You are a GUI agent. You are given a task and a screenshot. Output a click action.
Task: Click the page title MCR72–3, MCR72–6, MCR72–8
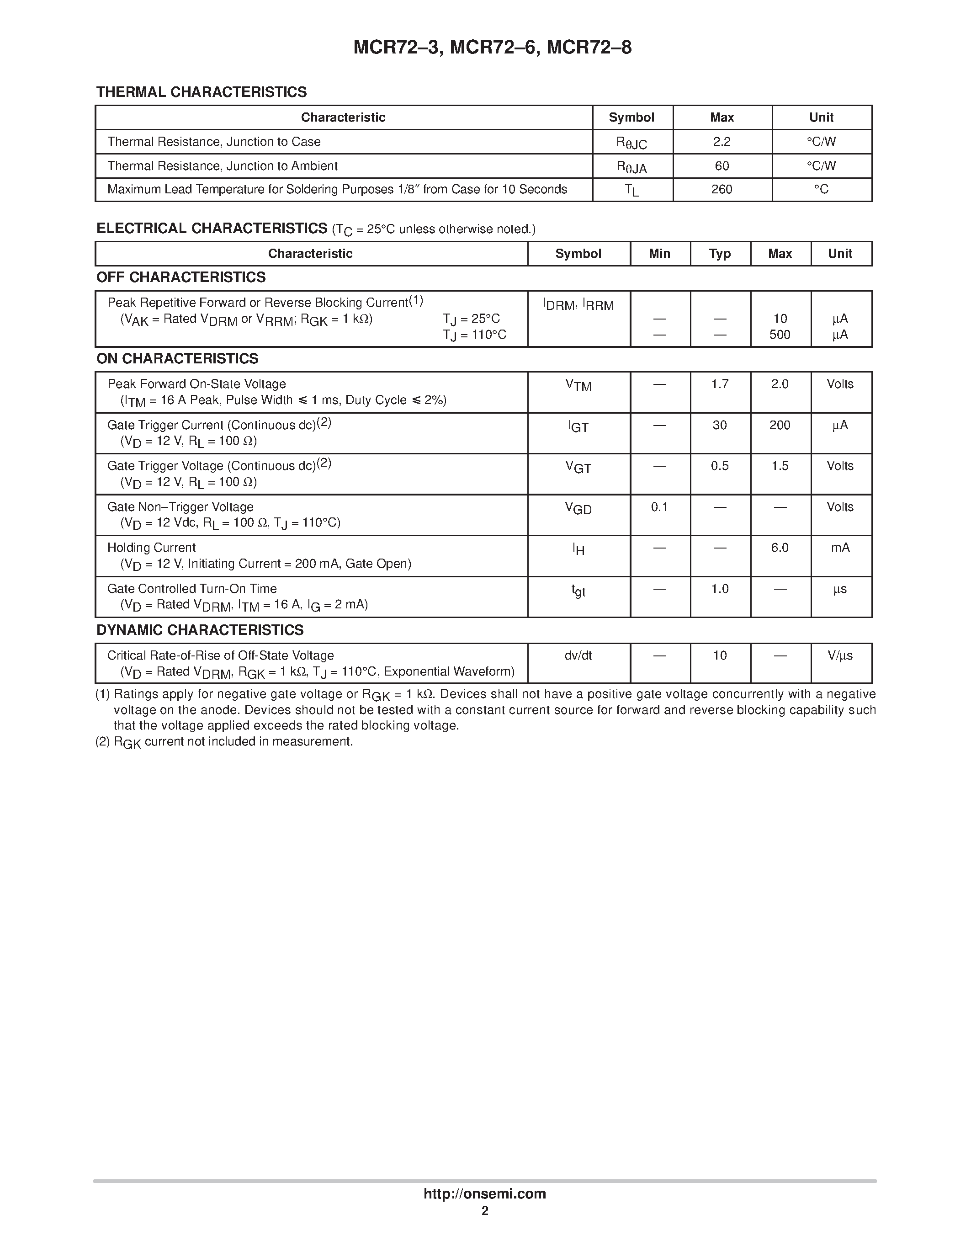tap(493, 47)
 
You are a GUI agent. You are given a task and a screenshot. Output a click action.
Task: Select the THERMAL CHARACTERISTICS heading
tap(202, 92)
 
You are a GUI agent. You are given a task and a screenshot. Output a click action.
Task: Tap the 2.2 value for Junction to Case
tap(722, 142)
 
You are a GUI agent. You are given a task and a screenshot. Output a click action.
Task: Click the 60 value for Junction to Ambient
tap(722, 166)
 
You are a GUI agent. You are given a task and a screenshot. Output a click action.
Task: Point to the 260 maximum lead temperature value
tap(722, 189)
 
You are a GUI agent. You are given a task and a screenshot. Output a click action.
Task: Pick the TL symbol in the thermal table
tap(631, 191)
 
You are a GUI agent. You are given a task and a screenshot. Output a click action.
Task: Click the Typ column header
tap(720, 254)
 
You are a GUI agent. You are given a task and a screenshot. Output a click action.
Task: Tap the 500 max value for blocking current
tap(780, 335)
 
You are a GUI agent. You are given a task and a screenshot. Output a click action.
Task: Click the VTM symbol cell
tap(578, 386)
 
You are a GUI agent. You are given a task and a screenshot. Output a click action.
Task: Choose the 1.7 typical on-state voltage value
tap(720, 384)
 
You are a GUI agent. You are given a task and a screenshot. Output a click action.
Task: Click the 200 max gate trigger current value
tap(780, 426)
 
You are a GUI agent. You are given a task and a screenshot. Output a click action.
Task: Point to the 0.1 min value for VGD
tap(659, 507)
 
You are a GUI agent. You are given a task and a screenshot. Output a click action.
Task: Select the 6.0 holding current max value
tap(780, 548)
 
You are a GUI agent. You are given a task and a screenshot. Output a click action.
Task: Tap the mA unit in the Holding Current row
tap(840, 548)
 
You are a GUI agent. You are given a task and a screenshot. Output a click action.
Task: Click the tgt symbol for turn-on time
tap(578, 591)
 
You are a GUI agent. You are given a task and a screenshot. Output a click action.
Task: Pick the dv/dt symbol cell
tap(578, 655)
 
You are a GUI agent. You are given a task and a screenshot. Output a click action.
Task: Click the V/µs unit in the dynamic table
tap(840, 655)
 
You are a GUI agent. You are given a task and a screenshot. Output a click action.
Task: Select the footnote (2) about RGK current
tap(224, 742)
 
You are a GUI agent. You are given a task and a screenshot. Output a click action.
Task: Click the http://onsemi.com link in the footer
tap(484, 1193)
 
